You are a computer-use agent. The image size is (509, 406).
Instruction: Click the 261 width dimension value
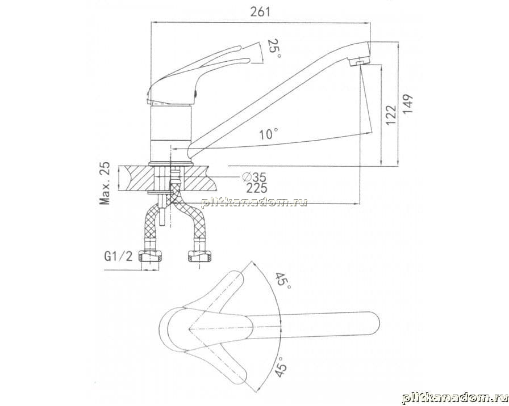pyautogui.click(x=260, y=12)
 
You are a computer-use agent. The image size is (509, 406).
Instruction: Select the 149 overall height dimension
pyautogui.click(x=408, y=104)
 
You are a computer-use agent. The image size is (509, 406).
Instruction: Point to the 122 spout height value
pyautogui.click(x=391, y=115)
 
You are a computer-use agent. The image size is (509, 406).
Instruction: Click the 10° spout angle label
pyautogui.click(x=269, y=133)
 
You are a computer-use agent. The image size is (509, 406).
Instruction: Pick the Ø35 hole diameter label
pyautogui.click(x=254, y=177)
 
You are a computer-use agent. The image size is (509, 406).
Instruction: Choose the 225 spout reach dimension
pyautogui.click(x=256, y=188)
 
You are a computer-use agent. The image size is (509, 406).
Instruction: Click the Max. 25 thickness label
pyautogui.click(x=105, y=183)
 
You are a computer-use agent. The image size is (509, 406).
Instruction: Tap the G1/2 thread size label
pyautogui.click(x=118, y=256)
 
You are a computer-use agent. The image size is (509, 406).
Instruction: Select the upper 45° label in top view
pyautogui.click(x=282, y=281)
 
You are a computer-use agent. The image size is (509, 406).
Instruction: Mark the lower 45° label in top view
pyautogui.click(x=281, y=366)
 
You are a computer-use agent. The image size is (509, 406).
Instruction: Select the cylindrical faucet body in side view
pyautogui.click(x=171, y=133)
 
